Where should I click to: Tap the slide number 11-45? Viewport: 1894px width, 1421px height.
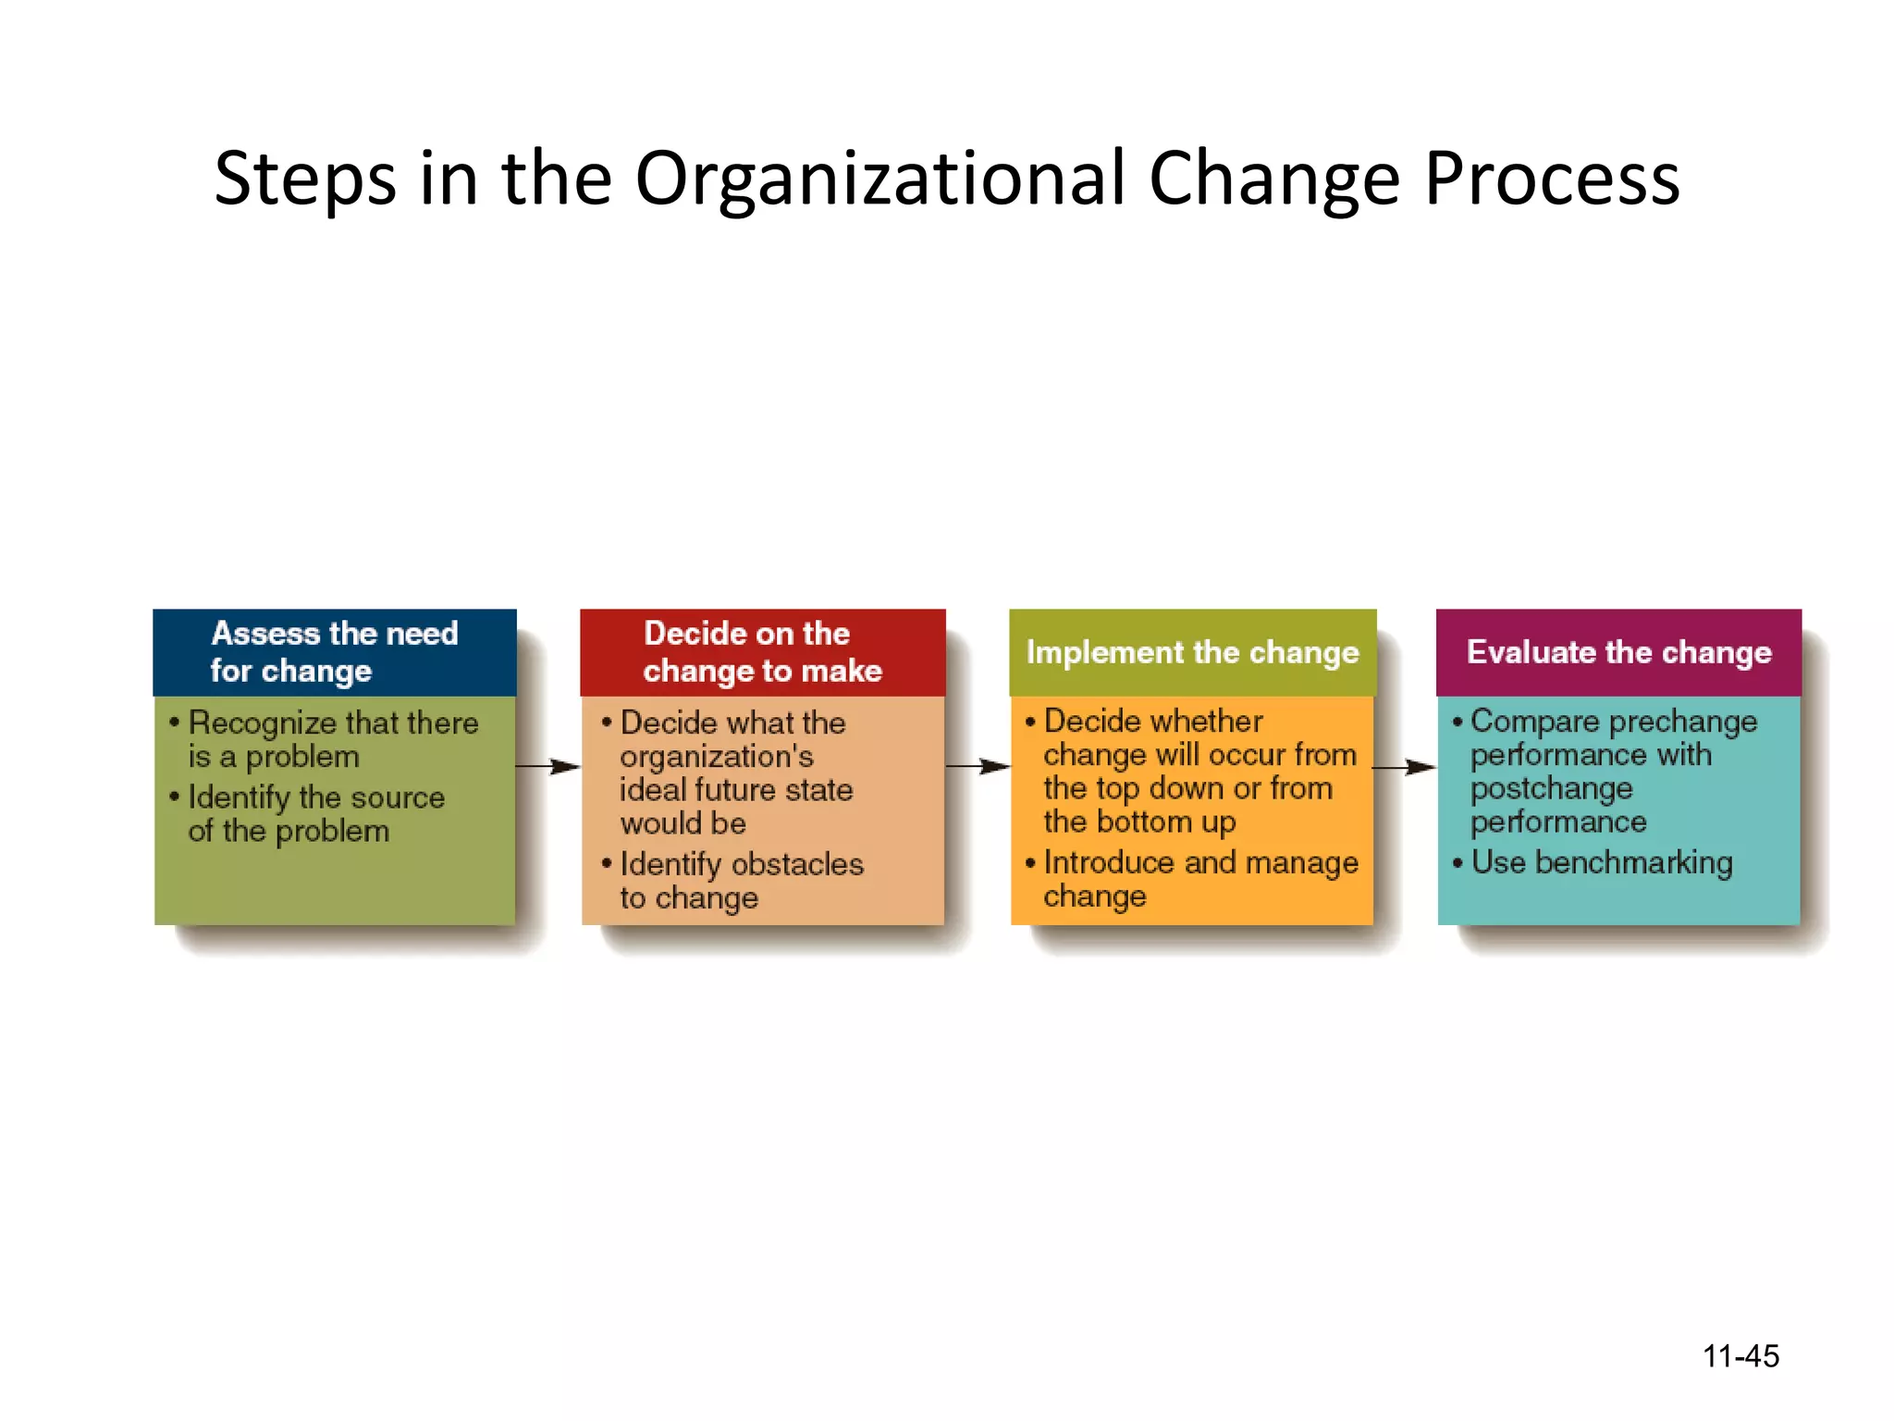click(x=1740, y=1356)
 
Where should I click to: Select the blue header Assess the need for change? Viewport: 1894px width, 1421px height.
click(x=335, y=652)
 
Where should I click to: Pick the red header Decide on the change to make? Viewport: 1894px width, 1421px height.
click(x=762, y=652)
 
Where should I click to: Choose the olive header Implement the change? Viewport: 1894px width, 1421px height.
click(x=1192, y=652)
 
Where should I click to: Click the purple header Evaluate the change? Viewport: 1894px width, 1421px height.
click(x=1618, y=652)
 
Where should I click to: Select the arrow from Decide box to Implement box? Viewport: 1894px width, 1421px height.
click(x=978, y=766)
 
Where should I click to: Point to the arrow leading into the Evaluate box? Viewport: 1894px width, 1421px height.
click(x=1405, y=766)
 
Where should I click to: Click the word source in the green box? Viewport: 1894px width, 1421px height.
click(x=397, y=797)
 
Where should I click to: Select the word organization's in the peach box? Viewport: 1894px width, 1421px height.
click(x=717, y=757)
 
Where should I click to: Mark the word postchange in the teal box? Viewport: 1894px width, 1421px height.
click(x=1551, y=788)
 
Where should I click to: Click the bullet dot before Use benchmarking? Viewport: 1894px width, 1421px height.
click(x=1457, y=863)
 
